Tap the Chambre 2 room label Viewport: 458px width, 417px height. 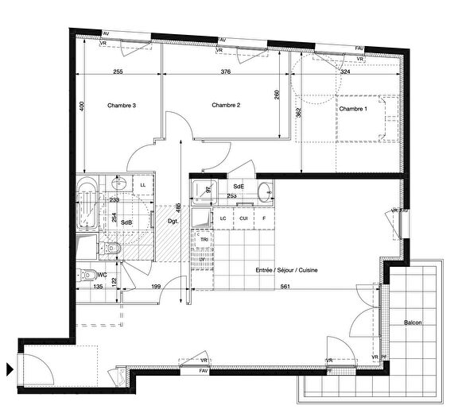226,105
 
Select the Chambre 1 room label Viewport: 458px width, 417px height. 354,109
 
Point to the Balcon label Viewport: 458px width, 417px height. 413,322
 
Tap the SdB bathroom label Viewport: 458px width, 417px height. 126,222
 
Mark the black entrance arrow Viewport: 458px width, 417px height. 10,369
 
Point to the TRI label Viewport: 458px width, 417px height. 204,239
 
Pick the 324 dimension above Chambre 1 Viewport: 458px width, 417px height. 345,72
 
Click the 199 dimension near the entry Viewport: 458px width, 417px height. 157,287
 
